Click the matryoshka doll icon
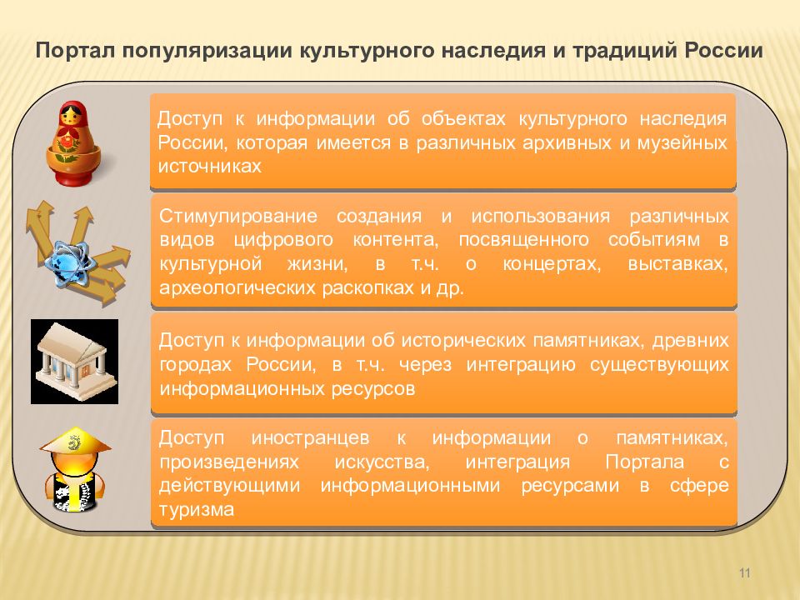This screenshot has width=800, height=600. [x=73, y=144]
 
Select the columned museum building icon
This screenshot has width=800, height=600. [x=74, y=362]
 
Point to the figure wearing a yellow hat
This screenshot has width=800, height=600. [x=74, y=470]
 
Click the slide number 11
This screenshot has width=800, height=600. [x=744, y=572]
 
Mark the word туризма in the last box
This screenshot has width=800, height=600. [x=197, y=509]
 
